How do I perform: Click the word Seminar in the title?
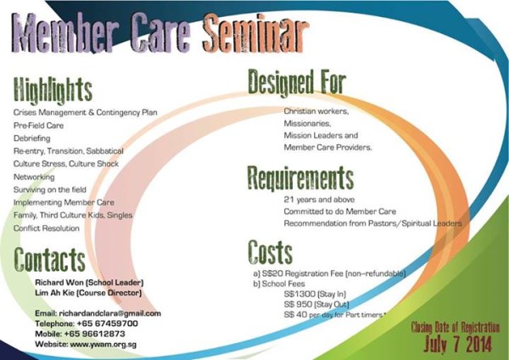tap(255, 33)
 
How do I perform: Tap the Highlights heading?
tap(53, 90)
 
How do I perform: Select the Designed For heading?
tap(297, 82)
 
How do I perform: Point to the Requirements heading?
tap(300, 177)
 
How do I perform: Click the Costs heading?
tap(270, 252)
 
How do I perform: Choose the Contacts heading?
tap(49, 259)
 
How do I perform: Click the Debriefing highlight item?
tap(32, 138)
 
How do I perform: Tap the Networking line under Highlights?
tap(34, 177)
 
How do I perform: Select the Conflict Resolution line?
tap(47, 228)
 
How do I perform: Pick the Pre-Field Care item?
tap(38, 126)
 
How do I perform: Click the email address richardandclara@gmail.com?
tap(110, 313)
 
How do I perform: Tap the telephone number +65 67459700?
tap(108, 323)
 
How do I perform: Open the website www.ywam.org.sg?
tap(103, 345)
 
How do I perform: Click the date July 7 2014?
tap(458, 344)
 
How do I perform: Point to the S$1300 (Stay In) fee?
tap(315, 294)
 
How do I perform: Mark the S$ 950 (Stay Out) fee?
tap(316, 305)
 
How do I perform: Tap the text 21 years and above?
tap(319, 200)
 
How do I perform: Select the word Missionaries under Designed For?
tap(307, 123)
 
